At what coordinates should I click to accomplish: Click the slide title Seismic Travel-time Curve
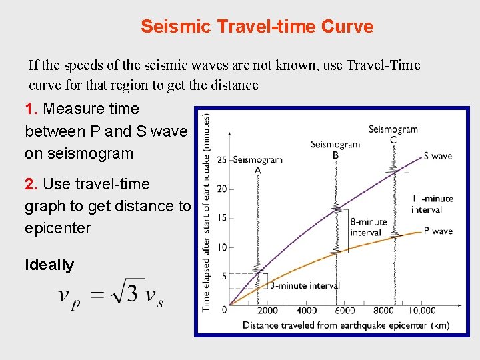(x=257, y=27)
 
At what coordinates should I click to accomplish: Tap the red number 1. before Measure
(x=31, y=109)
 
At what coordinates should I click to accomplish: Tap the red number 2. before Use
(x=31, y=184)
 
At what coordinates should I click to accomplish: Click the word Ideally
(x=49, y=265)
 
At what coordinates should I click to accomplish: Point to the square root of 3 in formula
(x=126, y=294)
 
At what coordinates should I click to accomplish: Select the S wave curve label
(x=437, y=156)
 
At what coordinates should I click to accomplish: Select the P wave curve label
(x=437, y=231)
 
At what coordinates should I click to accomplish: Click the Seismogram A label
(x=258, y=164)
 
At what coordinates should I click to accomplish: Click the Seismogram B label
(x=335, y=149)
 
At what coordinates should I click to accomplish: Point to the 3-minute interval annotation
(x=305, y=285)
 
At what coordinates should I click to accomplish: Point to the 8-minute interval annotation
(x=368, y=227)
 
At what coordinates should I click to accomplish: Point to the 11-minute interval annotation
(x=432, y=204)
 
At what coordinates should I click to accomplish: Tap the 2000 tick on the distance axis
(x=268, y=311)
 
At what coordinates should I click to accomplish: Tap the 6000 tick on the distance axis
(x=345, y=311)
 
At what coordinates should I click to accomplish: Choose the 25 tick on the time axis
(x=221, y=159)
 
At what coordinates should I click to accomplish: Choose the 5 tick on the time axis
(x=224, y=275)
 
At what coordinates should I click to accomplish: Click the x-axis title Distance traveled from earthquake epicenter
(x=345, y=325)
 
